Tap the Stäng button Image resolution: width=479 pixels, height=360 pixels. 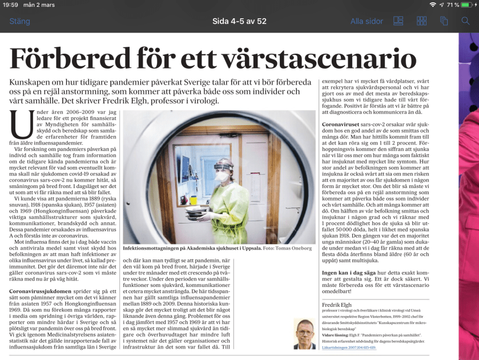pyautogui.click(x=19, y=22)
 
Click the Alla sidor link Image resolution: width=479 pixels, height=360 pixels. pyautogui.click(x=367, y=22)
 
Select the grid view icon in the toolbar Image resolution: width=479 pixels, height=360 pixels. pyautogui.click(x=422, y=21)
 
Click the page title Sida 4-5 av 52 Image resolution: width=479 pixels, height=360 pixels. pyautogui.click(x=239, y=22)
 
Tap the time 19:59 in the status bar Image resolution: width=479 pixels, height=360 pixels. pyautogui.click(x=10, y=5)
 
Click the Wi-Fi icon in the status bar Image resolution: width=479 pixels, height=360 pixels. pyautogui.click(x=433, y=5)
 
